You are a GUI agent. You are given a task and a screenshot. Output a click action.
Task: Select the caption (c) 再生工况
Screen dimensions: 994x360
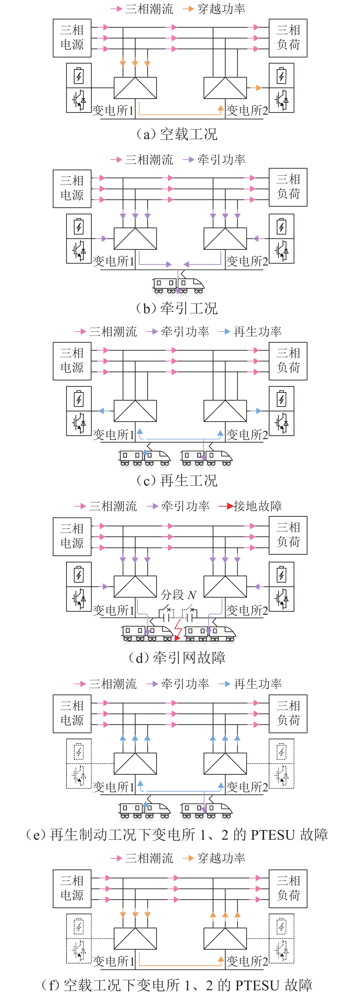(177, 480)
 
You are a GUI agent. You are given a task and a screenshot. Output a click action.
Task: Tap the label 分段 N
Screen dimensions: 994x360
(178, 595)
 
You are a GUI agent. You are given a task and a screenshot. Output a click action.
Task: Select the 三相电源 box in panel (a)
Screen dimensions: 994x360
(72, 38)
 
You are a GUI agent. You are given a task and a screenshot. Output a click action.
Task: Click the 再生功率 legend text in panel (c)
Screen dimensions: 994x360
(257, 331)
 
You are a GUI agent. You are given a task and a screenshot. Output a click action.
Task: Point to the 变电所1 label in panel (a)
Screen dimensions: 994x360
(113, 110)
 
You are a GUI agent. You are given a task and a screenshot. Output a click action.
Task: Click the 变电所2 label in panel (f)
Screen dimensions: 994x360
(247, 961)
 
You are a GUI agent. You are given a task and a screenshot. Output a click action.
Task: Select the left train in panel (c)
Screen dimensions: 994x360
(145, 458)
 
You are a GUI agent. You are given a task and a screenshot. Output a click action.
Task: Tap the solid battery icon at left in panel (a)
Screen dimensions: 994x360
(79, 76)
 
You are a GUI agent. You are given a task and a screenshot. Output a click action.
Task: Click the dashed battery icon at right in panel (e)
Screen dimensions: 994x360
(281, 751)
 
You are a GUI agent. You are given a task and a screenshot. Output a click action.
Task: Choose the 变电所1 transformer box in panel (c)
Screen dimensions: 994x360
(135, 410)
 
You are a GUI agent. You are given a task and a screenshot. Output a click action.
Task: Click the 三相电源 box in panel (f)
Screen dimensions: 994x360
(72, 888)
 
